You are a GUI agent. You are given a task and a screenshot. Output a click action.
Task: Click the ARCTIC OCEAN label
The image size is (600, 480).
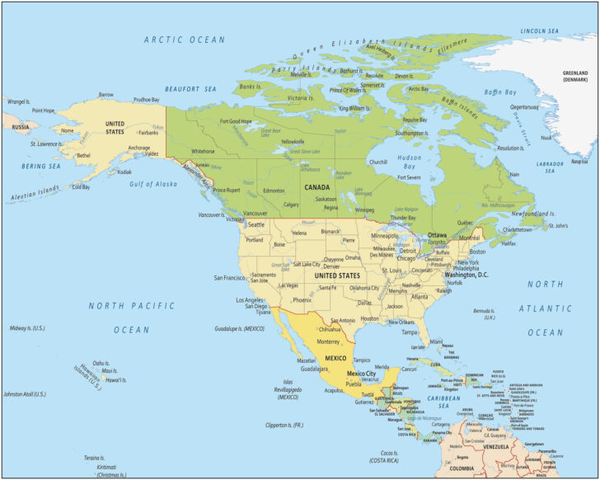[x=184, y=40]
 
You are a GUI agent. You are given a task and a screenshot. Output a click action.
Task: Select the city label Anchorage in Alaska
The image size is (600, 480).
[x=115, y=148]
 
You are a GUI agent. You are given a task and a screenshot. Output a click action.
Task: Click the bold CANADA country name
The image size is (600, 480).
[x=316, y=187]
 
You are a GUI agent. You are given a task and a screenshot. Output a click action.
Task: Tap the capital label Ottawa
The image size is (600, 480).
[x=437, y=235]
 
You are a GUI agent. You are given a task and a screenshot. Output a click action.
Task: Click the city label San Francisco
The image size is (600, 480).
[x=231, y=278]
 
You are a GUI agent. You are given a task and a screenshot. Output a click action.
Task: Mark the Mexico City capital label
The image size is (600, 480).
[x=360, y=374]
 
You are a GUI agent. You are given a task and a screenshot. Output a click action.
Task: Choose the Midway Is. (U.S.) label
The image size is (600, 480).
[x=27, y=328]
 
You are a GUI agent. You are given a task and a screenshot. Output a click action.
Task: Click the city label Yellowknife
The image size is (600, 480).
[x=293, y=141]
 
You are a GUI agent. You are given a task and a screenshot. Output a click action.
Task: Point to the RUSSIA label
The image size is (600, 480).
[x=21, y=127]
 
